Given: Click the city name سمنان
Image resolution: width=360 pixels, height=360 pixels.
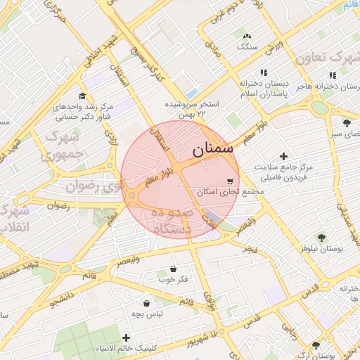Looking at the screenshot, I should click(x=212, y=149).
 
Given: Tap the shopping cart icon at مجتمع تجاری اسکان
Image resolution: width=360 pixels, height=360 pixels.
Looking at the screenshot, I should click(x=230, y=181).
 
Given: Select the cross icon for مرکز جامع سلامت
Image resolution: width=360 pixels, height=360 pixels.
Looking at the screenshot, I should click(x=283, y=155).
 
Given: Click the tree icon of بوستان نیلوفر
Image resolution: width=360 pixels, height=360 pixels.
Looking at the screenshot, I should click(x=322, y=238).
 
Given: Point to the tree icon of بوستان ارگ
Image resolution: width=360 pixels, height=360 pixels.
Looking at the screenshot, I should click(x=315, y=345).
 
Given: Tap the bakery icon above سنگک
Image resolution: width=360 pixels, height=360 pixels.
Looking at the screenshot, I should click(x=246, y=36).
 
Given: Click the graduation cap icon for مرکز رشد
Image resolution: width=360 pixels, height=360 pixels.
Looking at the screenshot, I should click(x=82, y=96).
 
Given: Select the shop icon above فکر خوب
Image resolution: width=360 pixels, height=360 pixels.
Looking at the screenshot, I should click(x=173, y=269).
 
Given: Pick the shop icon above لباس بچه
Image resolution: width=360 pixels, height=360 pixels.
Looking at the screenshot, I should click(x=146, y=303).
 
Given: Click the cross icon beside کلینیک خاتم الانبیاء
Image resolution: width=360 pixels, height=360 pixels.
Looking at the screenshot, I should click(x=126, y=338).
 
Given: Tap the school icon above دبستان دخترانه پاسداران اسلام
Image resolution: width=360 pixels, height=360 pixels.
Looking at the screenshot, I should click(x=264, y=72).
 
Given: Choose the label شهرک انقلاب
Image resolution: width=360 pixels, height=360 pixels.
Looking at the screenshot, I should click(x=14, y=219).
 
